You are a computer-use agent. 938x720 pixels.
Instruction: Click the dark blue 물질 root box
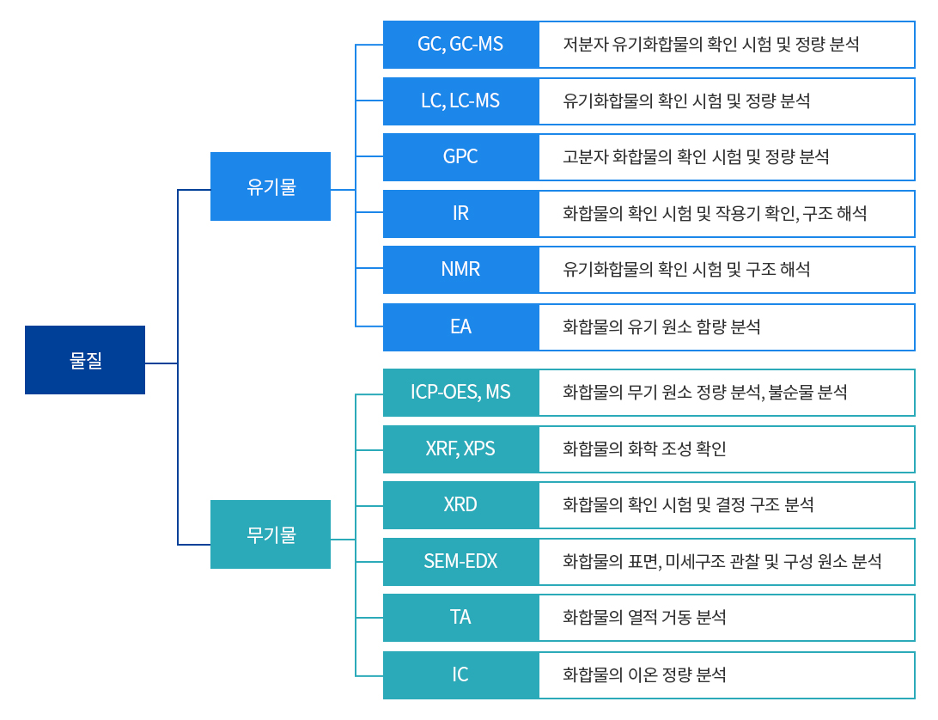(85, 360)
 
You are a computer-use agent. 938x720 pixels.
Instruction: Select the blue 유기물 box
(271, 186)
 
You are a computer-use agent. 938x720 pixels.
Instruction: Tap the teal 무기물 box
(271, 534)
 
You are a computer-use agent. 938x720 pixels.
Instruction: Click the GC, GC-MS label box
(460, 45)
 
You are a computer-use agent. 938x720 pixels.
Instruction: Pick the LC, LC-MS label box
(460, 101)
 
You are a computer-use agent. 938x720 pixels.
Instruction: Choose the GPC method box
(460, 157)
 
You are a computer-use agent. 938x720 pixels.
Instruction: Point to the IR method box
(460, 213)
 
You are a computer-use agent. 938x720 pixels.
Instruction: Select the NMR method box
(460, 270)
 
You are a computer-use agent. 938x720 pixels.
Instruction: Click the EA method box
(460, 326)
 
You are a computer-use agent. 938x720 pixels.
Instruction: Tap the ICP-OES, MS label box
(460, 393)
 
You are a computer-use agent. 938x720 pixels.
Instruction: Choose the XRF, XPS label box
(460, 448)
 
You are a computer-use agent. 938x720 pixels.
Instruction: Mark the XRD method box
(460, 504)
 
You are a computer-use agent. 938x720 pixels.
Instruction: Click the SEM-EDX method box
(460, 562)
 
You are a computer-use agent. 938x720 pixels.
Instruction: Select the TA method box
(460, 618)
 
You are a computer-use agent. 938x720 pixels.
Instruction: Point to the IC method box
(460, 674)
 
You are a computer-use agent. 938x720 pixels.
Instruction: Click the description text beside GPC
(696, 157)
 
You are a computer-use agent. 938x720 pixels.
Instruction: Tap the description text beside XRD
(688, 504)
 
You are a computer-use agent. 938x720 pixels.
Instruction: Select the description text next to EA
(661, 326)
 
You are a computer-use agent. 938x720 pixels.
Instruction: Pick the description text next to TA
(644, 618)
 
